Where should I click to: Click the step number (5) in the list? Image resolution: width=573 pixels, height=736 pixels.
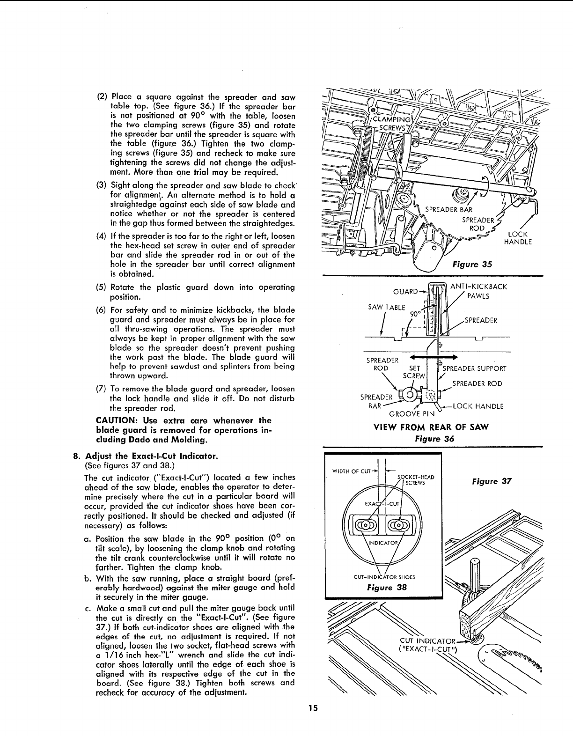[x=102, y=287]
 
